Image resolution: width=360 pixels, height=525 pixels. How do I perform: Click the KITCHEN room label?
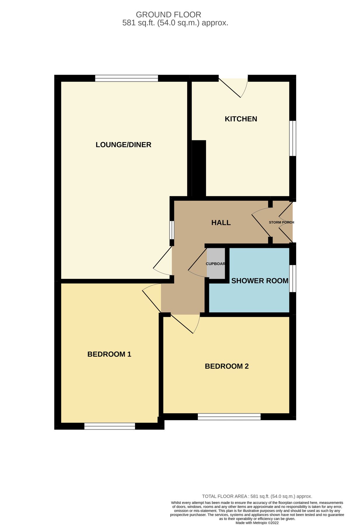pyautogui.click(x=241, y=119)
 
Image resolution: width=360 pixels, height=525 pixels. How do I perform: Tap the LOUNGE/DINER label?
pyautogui.click(x=123, y=145)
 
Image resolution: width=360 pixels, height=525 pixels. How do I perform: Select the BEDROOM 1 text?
pyautogui.click(x=109, y=354)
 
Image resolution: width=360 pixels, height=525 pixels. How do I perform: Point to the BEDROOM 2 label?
pyautogui.click(x=226, y=366)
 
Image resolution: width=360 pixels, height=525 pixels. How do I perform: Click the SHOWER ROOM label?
pyautogui.click(x=259, y=281)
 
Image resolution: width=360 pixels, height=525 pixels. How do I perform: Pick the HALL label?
pyautogui.click(x=221, y=223)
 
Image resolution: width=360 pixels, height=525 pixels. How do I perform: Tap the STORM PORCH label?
pyautogui.click(x=281, y=222)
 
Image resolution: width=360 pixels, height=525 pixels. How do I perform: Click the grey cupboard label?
pyautogui.click(x=216, y=264)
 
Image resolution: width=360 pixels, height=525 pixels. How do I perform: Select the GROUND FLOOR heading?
pyautogui.click(x=168, y=15)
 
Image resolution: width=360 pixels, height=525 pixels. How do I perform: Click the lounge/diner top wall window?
pyautogui.click(x=127, y=78)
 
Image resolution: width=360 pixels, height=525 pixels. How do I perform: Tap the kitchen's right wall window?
pyautogui.click(x=293, y=139)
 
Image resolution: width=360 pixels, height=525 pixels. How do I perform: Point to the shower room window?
pyautogui.click(x=293, y=278)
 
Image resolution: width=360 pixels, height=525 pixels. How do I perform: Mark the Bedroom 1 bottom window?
pyautogui.click(x=110, y=426)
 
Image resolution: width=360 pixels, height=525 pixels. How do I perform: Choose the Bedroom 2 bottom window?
pyautogui.click(x=229, y=417)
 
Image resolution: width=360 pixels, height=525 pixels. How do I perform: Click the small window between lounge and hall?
pyautogui.click(x=172, y=230)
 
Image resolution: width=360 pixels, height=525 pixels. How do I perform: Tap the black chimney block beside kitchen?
pyautogui.click(x=199, y=168)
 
